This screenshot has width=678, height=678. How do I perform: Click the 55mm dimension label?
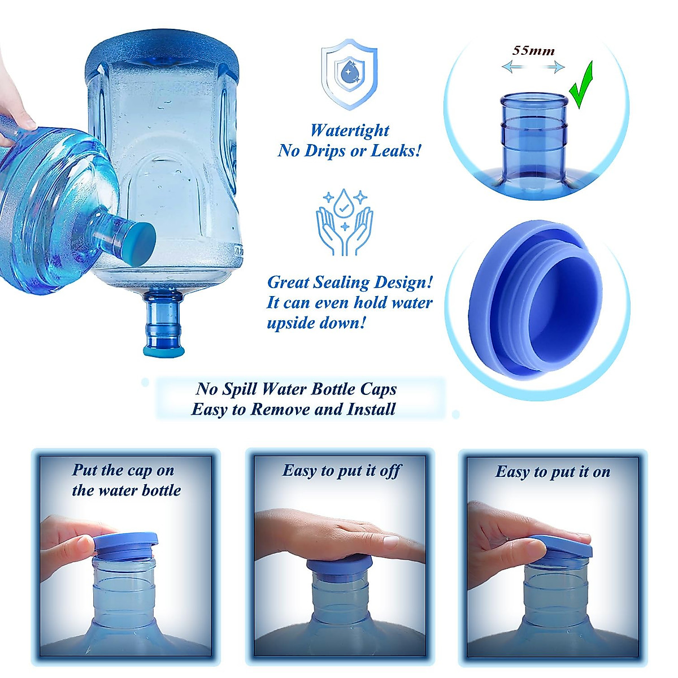pos(533,50)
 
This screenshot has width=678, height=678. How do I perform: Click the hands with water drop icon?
pos(344,222)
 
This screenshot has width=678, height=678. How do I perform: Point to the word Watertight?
pos(350,131)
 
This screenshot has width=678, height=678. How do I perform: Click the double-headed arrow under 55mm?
pos(533,68)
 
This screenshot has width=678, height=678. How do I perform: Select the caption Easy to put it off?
pos(341,471)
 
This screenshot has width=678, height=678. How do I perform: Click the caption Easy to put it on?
pos(553,472)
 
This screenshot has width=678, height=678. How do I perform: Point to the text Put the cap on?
pos(123,470)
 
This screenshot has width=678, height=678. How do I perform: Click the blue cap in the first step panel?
pos(125,544)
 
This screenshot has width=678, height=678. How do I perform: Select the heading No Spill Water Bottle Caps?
pos(296,389)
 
